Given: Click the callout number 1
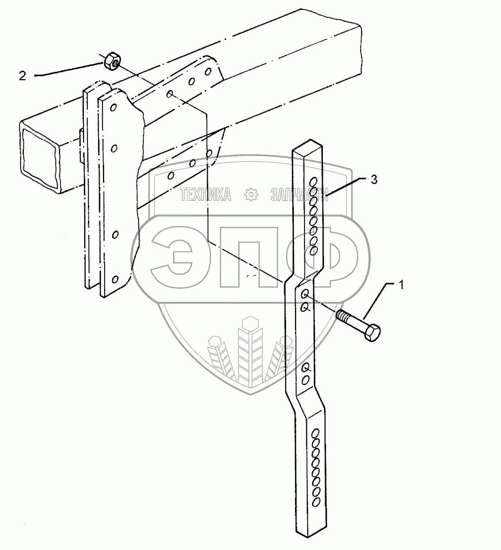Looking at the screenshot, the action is (400, 285).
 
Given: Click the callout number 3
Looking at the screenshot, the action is (375, 179).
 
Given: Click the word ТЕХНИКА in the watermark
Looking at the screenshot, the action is (205, 195).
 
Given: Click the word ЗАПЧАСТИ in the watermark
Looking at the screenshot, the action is (298, 195).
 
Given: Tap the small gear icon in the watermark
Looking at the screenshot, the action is (252, 195).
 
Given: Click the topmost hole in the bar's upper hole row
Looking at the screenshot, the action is (313, 182).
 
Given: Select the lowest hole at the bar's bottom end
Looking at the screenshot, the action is (316, 502).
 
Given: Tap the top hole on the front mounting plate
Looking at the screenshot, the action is (114, 106).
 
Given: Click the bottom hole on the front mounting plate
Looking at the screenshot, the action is (115, 279).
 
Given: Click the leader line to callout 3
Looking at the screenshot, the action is (345, 186).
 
